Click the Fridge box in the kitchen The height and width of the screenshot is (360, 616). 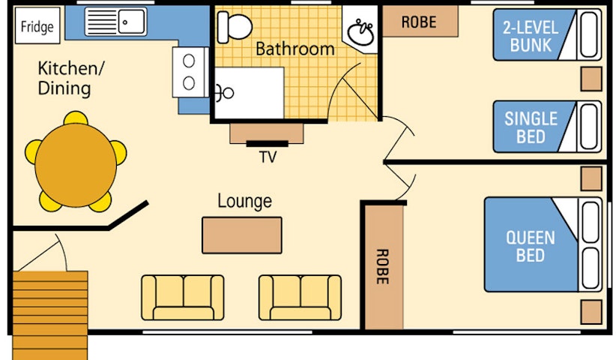pyautogui.click(x=37, y=26)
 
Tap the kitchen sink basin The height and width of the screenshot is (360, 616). pyautogui.click(x=132, y=22)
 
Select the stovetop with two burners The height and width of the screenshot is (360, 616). pyautogui.click(x=190, y=72)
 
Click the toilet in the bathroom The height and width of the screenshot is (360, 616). pyautogui.click(x=235, y=27)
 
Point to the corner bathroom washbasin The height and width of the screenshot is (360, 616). pyautogui.click(x=360, y=31)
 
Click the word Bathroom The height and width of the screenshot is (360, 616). pyautogui.click(x=295, y=49)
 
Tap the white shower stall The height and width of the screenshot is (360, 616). pyautogui.click(x=250, y=93)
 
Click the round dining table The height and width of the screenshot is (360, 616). pyautogui.click(x=76, y=165)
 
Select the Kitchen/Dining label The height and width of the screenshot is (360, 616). pyautogui.click(x=70, y=78)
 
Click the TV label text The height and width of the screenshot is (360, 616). pyautogui.click(x=268, y=157)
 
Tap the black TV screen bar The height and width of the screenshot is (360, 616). pyautogui.click(x=267, y=144)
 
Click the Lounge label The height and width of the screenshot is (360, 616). pyautogui.click(x=245, y=201)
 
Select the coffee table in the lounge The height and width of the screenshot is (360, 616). pyautogui.click(x=242, y=235)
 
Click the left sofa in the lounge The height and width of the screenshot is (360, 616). pyautogui.click(x=183, y=298)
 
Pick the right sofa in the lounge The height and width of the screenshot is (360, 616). pyautogui.click(x=301, y=298)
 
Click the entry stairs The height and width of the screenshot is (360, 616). pyautogui.click(x=50, y=315)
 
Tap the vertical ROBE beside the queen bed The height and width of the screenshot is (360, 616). pyautogui.click(x=383, y=266)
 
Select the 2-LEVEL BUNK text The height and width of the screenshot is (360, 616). pyautogui.click(x=531, y=36)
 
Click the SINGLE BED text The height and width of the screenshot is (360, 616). pyautogui.click(x=531, y=127)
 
